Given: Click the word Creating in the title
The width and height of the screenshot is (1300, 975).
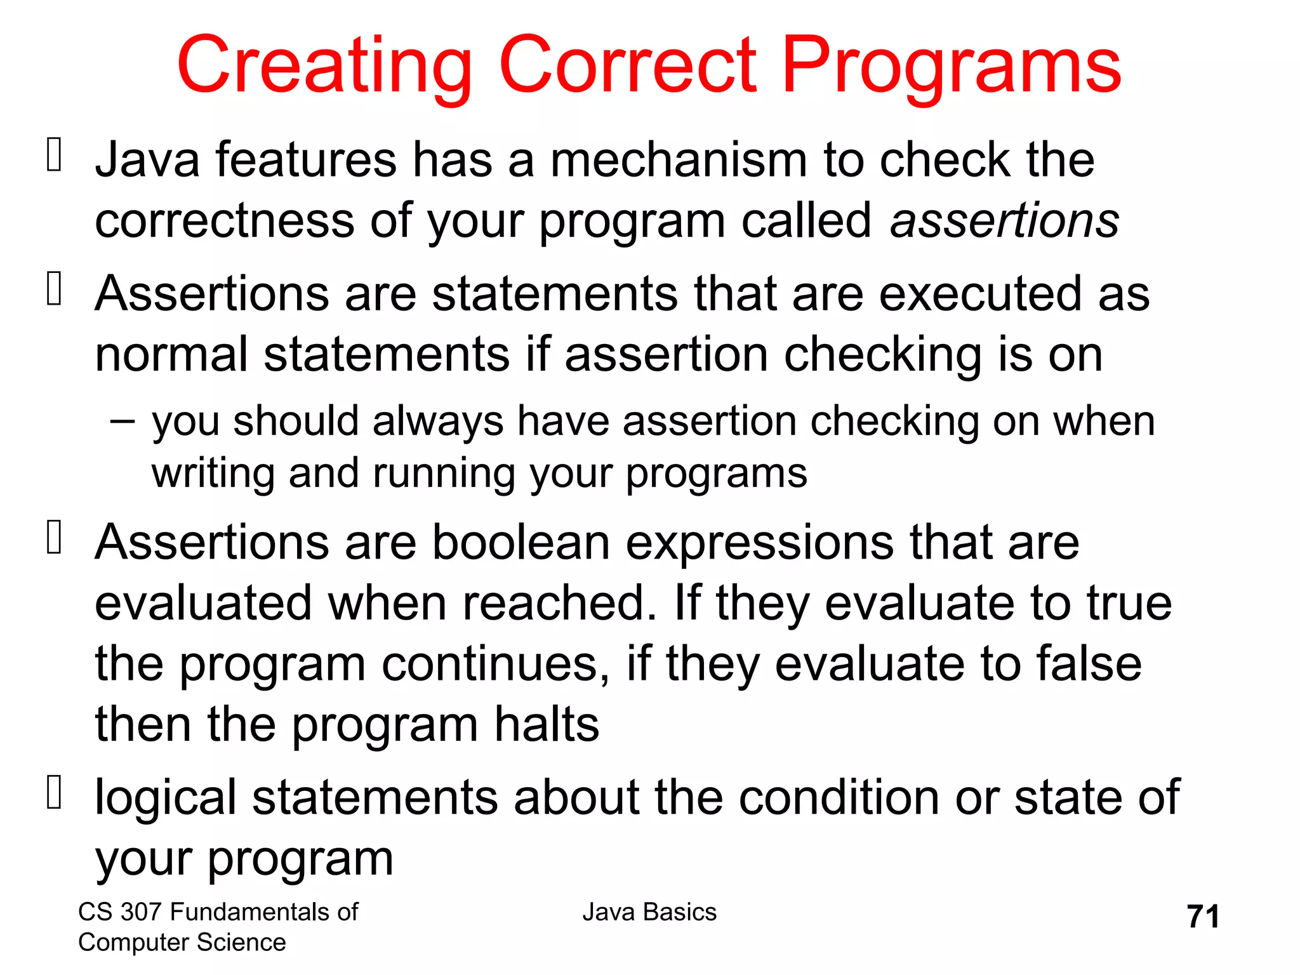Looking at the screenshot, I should coord(324,67).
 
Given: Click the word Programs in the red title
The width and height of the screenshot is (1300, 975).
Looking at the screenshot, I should coord(952,67).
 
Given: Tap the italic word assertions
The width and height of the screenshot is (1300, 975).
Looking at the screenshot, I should coord(1004,221).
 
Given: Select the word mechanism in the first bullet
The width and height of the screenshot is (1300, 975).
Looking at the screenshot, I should coord(678,160).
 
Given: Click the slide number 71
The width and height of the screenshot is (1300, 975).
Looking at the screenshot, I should coord(1203,917).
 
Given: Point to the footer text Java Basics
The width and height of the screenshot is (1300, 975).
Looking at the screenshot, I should coord(649,912).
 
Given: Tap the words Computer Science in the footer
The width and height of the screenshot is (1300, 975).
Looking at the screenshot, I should coord(182,943).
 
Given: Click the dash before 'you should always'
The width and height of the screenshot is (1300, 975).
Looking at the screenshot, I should coord(122,420).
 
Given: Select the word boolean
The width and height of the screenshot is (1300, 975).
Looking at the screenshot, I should coord(521,543).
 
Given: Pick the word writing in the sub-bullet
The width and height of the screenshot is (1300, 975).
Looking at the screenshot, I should coord(212,474).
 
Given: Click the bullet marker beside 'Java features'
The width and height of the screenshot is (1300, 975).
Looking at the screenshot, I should coord(55,156).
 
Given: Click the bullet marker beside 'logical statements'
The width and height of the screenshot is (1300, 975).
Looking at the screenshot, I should coord(55,793).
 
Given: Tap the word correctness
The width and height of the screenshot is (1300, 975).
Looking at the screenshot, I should coord(224,221).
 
